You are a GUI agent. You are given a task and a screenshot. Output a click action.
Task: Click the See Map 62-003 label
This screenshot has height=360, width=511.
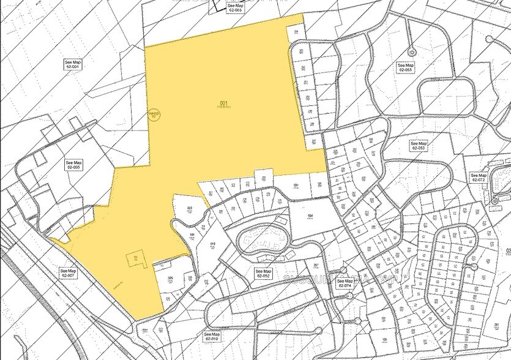point(235,7)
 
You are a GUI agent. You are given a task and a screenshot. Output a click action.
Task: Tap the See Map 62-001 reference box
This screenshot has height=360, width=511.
point(73,64)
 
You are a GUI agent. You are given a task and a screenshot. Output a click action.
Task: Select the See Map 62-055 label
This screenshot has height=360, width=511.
point(405,67)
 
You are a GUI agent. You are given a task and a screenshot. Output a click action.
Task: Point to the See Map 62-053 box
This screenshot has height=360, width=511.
point(419,146)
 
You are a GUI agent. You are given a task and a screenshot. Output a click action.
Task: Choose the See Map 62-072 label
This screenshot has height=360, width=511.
point(478,178)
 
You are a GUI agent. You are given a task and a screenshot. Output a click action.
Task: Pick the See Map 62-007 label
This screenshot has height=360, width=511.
point(68,272)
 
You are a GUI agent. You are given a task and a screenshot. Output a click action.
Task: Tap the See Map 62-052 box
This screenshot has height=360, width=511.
point(263,273)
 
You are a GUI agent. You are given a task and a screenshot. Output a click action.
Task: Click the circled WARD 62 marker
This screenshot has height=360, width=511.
point(154,115)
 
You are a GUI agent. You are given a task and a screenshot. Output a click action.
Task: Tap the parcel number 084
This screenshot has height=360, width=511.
point(310,216)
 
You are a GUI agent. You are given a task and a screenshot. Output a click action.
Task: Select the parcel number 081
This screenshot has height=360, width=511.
point(296,186)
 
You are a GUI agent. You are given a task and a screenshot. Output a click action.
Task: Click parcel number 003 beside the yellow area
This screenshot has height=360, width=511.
point(190,209)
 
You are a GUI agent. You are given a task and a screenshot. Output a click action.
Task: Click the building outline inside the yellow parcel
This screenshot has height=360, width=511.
point(136,260)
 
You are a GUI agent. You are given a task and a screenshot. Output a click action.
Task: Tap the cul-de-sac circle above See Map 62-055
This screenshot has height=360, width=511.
point(411,51)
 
